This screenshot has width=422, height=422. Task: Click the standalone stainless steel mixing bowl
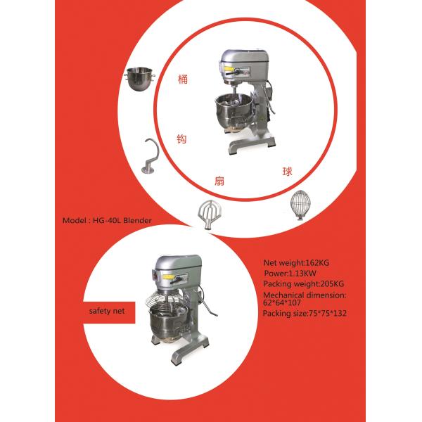(140, 79)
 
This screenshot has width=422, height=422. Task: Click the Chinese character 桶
(183, 79)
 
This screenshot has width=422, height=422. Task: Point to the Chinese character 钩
(181, 139)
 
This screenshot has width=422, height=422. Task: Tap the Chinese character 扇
(219, 181)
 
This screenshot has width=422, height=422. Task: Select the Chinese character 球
(287, 172)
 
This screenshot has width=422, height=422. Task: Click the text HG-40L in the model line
(107, 220)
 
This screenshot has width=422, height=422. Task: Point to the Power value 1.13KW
(302, 274)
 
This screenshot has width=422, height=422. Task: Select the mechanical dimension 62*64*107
(282, 302)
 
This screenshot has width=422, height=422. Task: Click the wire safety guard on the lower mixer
(164, 299)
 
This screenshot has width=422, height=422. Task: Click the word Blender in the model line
(137, 220)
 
